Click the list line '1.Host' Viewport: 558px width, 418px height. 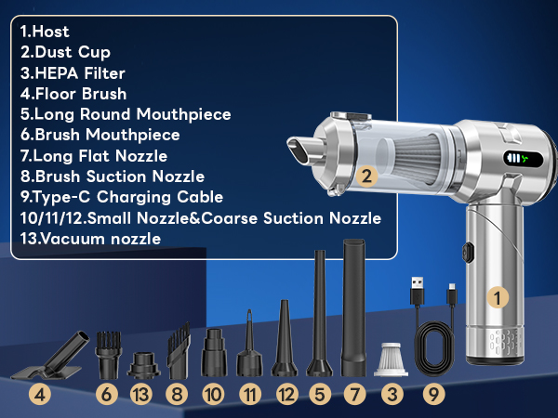click(44, 32)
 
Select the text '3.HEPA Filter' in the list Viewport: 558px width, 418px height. click(73, 72)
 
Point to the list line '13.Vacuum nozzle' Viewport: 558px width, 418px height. click(89, 238)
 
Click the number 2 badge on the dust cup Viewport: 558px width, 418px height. click(366, 174)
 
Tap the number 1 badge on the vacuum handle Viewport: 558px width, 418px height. click(499, 297)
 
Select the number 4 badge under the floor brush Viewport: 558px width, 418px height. click(38, 394)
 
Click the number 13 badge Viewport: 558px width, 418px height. click(140, 394)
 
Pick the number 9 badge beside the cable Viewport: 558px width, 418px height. click(432, 394)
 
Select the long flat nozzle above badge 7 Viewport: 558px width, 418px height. click(354, 307)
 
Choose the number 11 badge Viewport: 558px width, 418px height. click(250, 394)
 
